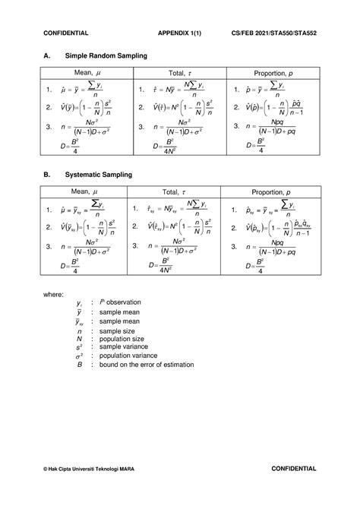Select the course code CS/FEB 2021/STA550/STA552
(x=274, y=33)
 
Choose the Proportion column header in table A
(x=270, y=72)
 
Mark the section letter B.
(x=46, y=174)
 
